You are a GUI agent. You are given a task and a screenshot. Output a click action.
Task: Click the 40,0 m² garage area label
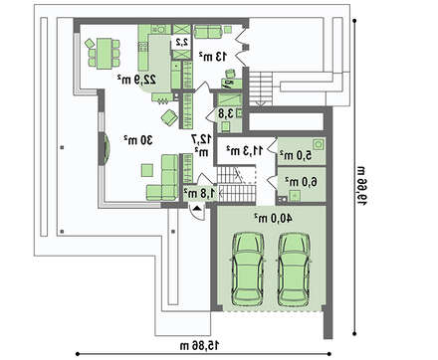(274, 218)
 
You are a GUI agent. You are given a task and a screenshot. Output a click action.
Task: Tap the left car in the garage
(248, 270)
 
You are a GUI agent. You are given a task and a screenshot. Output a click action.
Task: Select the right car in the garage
(294, 270)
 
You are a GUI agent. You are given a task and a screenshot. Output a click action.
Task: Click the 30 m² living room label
(138, 140)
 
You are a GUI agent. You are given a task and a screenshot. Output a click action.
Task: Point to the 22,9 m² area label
(136, 80)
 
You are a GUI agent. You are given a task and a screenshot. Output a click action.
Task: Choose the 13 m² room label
(213, 57)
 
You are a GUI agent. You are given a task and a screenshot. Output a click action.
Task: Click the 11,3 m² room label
(245, 150)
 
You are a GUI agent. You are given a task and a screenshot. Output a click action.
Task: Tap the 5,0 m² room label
(296, 155)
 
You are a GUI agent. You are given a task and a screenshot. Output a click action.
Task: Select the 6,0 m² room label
(302, 181)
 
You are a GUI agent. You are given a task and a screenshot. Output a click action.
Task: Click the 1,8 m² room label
(200, 193)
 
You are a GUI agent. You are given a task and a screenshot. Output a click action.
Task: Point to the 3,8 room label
(226, 113)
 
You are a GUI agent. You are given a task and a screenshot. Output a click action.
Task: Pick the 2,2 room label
(182, 42)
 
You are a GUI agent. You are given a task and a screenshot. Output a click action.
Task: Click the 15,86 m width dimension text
(199, 346)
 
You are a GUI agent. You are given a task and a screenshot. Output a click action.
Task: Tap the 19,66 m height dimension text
(362, 186)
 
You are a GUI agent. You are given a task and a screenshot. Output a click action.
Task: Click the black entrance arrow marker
(197, 208)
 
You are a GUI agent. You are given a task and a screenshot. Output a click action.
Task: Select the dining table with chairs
(103, 53)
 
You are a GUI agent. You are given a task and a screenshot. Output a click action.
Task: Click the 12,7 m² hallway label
(201, 145)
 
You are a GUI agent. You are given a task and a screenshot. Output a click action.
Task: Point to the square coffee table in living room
(147, 170)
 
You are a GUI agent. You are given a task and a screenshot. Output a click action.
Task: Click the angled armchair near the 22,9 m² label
(169, 117)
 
